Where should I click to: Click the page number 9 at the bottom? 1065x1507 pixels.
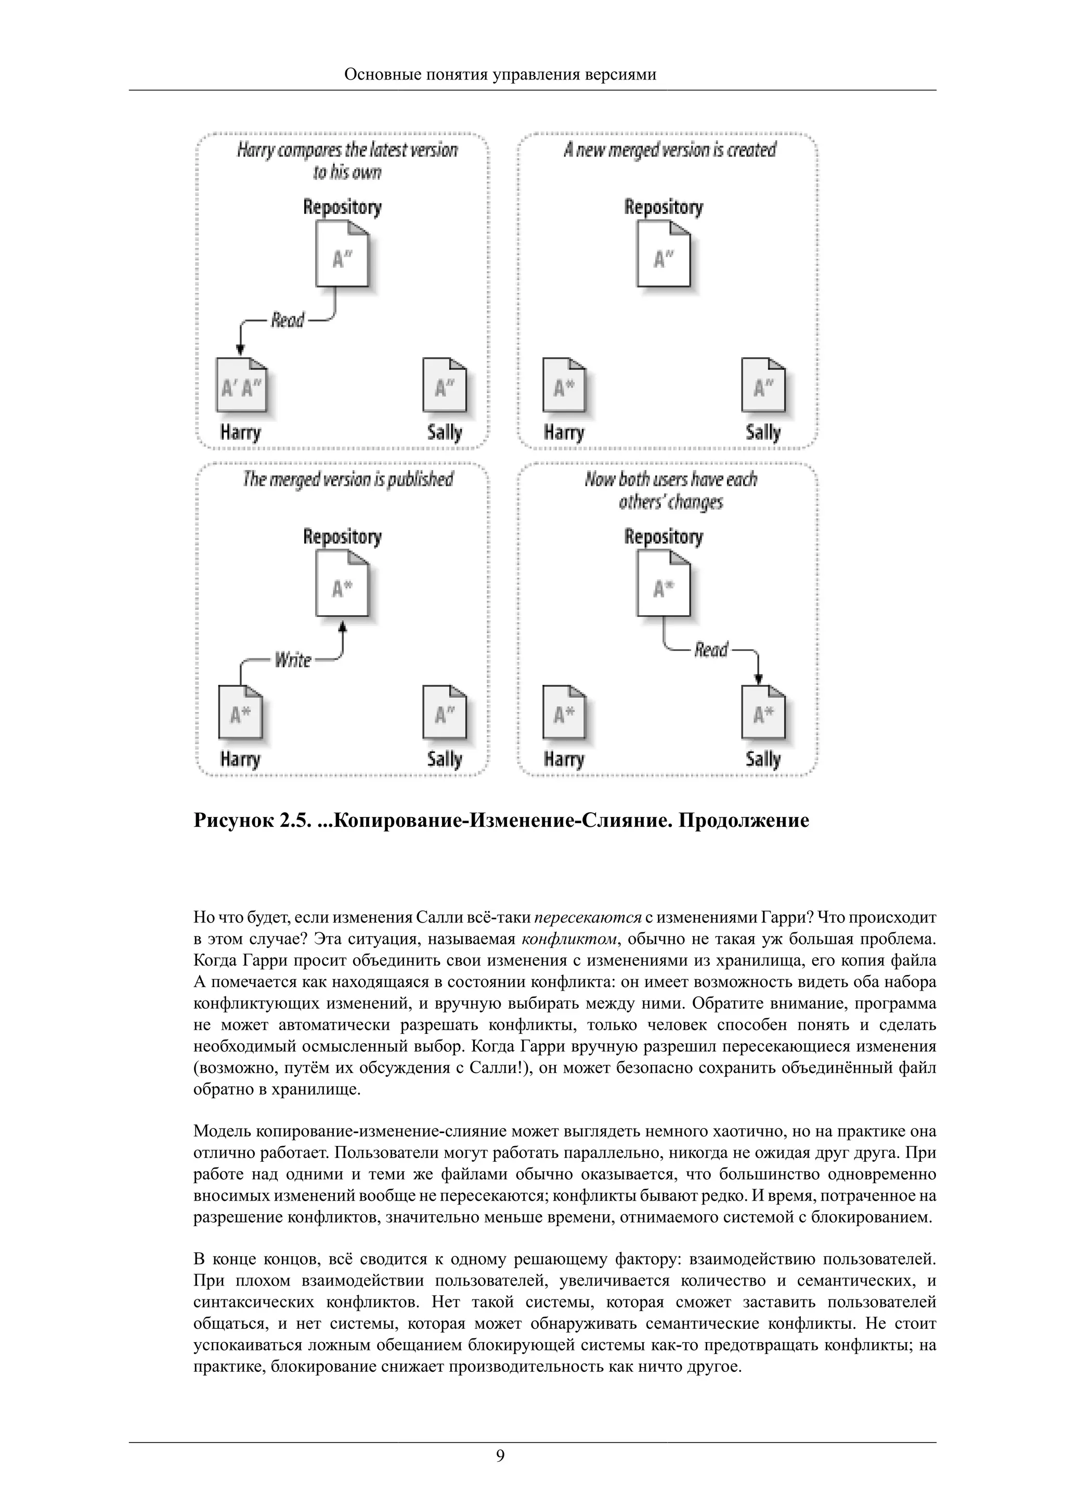pyautogui.click(x=500, y=1457)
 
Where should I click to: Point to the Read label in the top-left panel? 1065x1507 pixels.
pyautogui.click(x=288, y=320)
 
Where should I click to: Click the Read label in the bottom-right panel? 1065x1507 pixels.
pyautogui.click(x=711, y=650)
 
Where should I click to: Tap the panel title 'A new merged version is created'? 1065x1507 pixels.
pyautogui.click(x=669, y=150)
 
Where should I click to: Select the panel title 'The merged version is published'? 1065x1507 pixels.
pyautogui.click(x=348, y=480)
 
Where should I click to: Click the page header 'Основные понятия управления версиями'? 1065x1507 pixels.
pyautogui.click(x=500, y=74)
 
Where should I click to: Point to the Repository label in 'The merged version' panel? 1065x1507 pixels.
pyautogui.click(x=342, y=537)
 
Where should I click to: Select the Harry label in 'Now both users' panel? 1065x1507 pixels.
pyautogui.click(x=564, y=759)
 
